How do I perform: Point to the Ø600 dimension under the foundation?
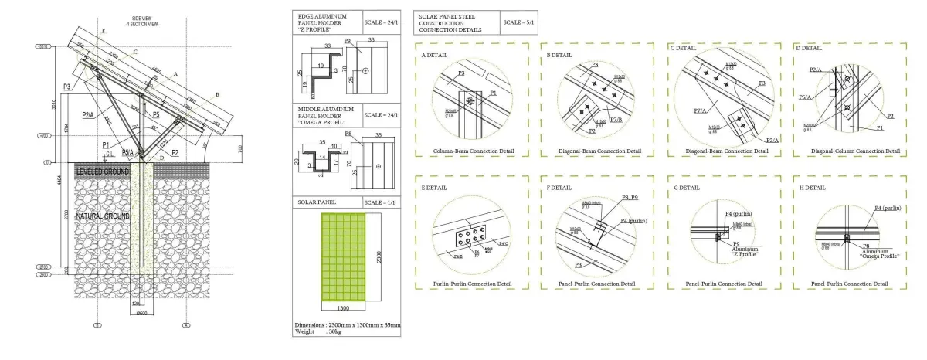tap(142, 313)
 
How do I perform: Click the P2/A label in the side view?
tap(88, 115)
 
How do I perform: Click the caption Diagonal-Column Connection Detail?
tap(848, 150)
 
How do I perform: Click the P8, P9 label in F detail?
tap(632, 199)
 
